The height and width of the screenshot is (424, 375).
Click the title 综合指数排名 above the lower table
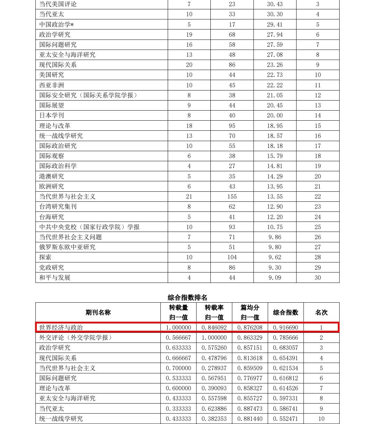pos(187,297)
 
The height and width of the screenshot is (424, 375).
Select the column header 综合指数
pos(285,312)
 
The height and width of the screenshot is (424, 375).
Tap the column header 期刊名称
pos(98,312)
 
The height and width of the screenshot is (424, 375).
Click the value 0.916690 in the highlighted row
pos(285,328)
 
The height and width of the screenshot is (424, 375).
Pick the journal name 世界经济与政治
pos(61,328)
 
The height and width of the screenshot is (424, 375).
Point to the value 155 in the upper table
pos(232,197)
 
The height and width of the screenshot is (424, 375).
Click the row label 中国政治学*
pos(57,25)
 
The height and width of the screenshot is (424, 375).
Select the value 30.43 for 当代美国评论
pos(275,4)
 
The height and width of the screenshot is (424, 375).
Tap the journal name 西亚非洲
pos(52,85)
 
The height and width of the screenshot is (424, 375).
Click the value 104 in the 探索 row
pos(232,257)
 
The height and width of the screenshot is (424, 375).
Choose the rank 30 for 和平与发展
pos(318,278)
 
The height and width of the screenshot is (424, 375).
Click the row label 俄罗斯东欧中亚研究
pos(67,247)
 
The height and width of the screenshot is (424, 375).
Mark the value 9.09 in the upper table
pos(275,278)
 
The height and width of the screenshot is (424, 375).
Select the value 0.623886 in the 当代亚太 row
pos(214,409)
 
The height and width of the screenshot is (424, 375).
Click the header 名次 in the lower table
pos(321,312)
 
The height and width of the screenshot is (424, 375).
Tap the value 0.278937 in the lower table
pos(214,368)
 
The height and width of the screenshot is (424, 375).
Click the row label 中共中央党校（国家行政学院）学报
pos(90,227)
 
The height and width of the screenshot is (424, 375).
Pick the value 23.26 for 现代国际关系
pos(275,65)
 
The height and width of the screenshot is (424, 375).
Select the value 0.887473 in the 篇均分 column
pos(250,409)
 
